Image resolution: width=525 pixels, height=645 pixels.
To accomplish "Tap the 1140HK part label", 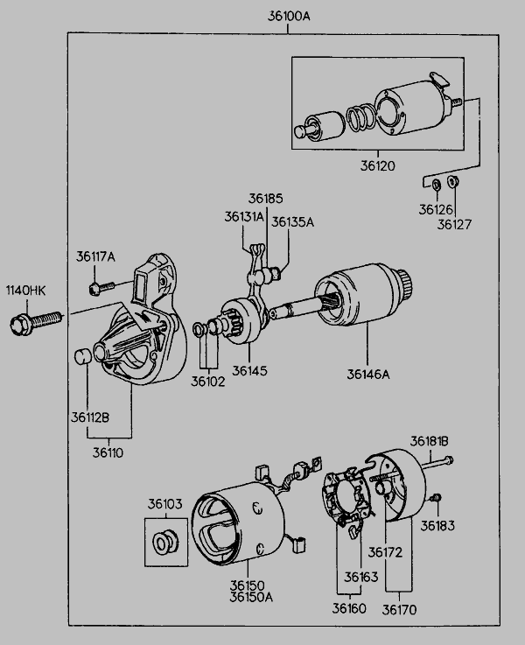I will coord(25,290).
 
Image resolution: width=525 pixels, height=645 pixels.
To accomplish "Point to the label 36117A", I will coord(95,256).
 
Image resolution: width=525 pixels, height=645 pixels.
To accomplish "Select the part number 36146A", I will coord(370,375).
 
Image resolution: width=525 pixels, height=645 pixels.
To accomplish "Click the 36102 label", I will coord(208,382).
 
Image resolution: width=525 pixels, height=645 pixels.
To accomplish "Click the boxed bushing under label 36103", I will coord(164,543).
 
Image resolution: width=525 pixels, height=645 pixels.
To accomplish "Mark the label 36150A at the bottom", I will coord(251,597).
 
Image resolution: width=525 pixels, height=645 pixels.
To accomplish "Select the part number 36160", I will coord(349,606).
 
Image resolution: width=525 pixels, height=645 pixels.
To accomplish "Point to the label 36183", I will coord(437,526).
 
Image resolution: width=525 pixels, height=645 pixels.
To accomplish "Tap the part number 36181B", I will coord(430,440).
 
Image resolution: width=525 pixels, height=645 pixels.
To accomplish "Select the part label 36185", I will coord(265,199).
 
